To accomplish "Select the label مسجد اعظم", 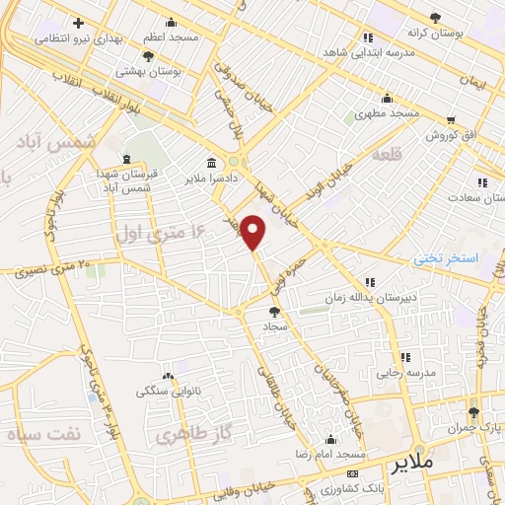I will click(x=171, y=36).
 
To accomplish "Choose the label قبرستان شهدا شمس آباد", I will click(x=126, y=180).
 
